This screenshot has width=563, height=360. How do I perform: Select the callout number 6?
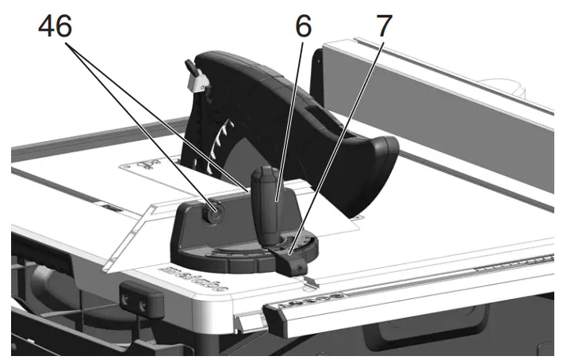[x=303, y=25]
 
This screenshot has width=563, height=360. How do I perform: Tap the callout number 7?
[x=383, y=25]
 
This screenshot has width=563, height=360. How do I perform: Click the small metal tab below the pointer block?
[x=308, y=280]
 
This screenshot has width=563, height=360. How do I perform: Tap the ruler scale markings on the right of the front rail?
[x=507, y=266]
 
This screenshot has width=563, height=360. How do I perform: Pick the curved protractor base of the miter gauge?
[x=238, y=258]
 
